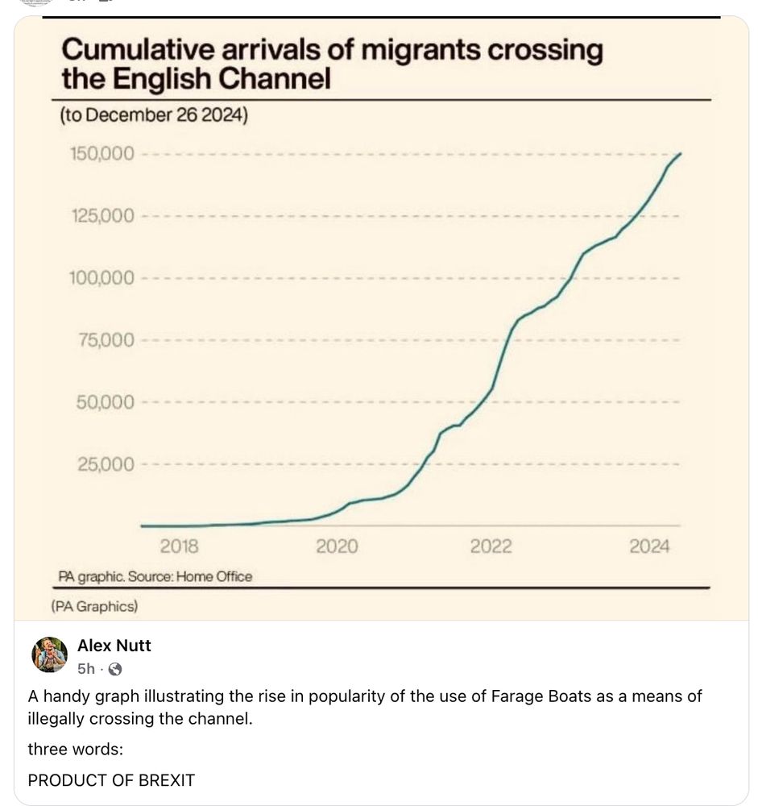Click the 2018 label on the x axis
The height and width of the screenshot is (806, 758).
point(180,547)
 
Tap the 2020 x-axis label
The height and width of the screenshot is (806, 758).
point(336,547)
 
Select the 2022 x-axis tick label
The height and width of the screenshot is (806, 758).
point(491,547)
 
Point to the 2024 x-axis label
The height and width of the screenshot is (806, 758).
point(648,547)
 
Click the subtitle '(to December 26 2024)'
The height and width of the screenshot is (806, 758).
point(154,115)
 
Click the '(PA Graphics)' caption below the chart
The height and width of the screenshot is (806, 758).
point(94,605)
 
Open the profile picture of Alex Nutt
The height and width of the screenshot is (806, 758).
point(49,654)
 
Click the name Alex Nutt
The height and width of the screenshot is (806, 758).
point(114,646)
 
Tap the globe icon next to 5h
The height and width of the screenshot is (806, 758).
point(115,669)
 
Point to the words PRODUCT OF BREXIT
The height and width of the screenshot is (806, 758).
point(111,780)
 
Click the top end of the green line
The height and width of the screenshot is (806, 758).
point(681,154)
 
